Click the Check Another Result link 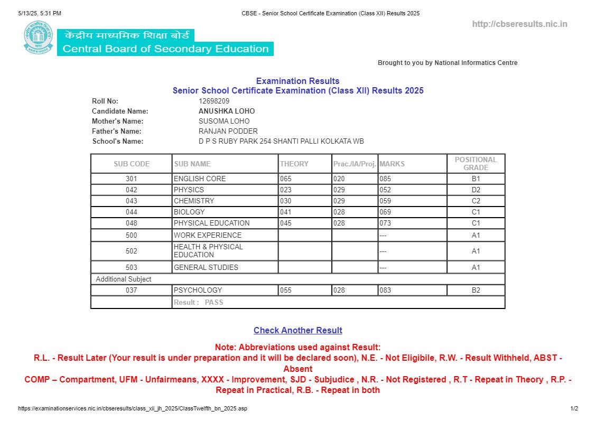297,330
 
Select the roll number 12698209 214,101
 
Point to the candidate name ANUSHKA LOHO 227,111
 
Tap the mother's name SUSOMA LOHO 224,121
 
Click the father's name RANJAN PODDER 228,131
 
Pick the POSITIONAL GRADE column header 476,164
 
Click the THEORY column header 294,164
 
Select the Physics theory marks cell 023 286,190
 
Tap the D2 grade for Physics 476,190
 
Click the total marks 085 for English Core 385,179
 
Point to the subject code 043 132,201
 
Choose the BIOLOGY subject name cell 189,212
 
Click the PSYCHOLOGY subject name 198,290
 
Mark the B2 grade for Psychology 476,290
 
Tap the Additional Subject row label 124,279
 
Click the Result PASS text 199,303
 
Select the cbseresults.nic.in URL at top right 519,24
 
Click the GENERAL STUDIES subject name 206,267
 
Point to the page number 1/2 574,408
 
